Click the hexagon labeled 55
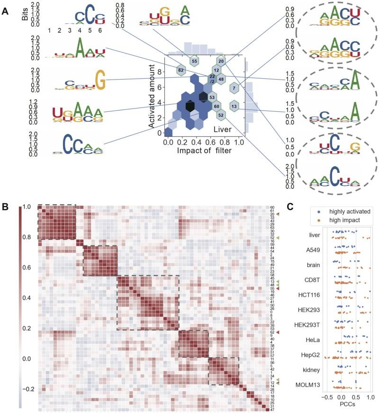(x=194, y=61)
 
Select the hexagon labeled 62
(x=180, y=70)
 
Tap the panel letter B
(x=5, y=207)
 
